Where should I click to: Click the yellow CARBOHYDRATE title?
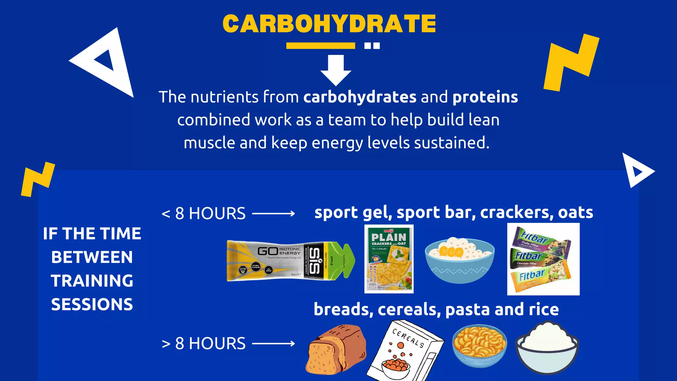click(329, 24)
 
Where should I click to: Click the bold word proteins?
click(485, 97)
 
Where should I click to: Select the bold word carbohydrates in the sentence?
click(360, 97)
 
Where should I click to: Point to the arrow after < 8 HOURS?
click(273, 214)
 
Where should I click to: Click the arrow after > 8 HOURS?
click(273, 344)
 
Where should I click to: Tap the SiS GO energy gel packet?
click(291, 261)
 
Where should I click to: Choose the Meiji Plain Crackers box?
click(389, 259)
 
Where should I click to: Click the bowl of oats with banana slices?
click(459, 260)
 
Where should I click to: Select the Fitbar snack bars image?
click(543, 259)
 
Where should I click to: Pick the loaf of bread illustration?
click(337, 350)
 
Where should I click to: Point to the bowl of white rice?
click(547, 347)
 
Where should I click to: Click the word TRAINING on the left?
click(92, 281)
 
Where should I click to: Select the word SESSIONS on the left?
click(92, 305)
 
